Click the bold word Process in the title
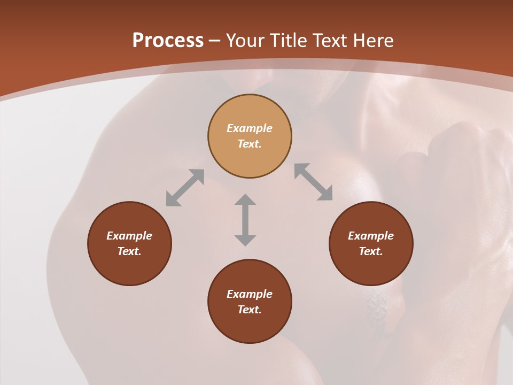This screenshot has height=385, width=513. (168, 41)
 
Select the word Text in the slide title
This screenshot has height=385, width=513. (331, 41)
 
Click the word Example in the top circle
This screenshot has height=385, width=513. (250, 128)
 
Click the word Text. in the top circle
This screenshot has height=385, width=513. (250, 144)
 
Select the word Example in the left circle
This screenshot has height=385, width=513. (129, 236)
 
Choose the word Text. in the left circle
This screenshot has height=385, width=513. (129, 251)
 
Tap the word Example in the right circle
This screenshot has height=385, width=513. (371, 236)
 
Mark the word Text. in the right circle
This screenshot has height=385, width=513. (371, 251)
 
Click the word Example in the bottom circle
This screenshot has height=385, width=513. (250, 294)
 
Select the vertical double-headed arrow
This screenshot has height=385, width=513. (245, 220)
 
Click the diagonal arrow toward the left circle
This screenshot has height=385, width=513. (185, 188)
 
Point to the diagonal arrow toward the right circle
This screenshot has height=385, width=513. (314, 182)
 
